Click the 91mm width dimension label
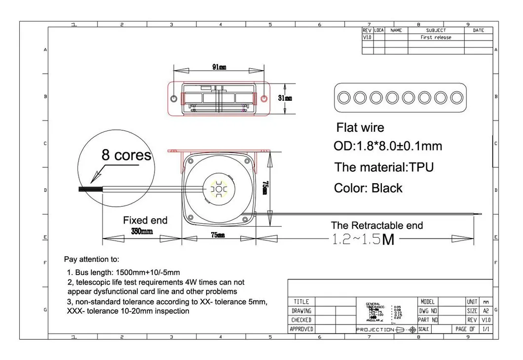point(219,67)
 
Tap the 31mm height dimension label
point(285,98)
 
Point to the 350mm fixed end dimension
point(142,232)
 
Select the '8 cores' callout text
point(126,155)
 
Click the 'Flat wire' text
point(360,127)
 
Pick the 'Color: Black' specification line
point(368,188)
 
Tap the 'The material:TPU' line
point(384,167)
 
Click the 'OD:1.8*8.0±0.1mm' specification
point(388,146)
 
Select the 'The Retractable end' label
point(377,226)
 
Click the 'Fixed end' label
point(145,220)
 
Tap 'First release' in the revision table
point(436,38)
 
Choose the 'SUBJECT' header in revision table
point(436,31)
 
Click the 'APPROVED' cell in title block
point(300,329)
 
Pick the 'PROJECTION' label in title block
point(375,329)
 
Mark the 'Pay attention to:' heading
point(91,259)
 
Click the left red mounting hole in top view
point(174,99)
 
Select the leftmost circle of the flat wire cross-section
point(344,97)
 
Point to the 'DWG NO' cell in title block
point(428,311)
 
